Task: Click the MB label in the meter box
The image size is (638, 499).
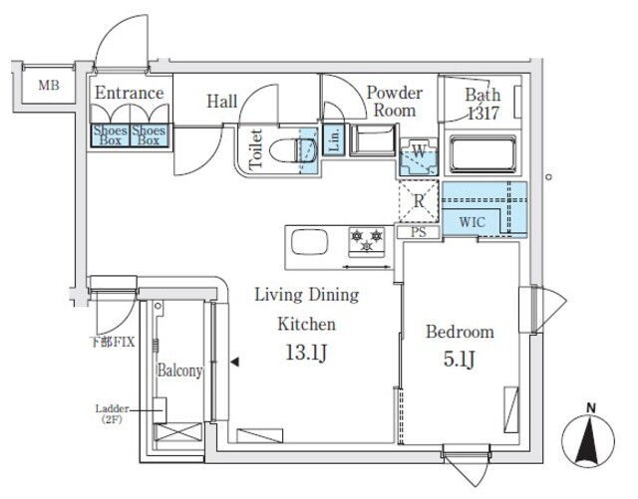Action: pos(48,86)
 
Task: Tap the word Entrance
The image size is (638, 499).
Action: pos(129,94)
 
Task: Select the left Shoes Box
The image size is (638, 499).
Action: pos(110,135)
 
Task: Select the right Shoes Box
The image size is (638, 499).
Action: pos(149,135)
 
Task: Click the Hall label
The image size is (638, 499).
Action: pos(222,101)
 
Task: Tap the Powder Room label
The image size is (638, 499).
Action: pos(394,101)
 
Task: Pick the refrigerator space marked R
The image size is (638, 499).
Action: pos(420,199)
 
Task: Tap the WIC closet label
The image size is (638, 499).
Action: pos(472,222)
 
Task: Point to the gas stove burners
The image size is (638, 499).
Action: pos(365,240)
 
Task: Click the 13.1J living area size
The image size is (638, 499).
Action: pos(306,353)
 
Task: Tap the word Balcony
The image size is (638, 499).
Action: pos(179,371)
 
